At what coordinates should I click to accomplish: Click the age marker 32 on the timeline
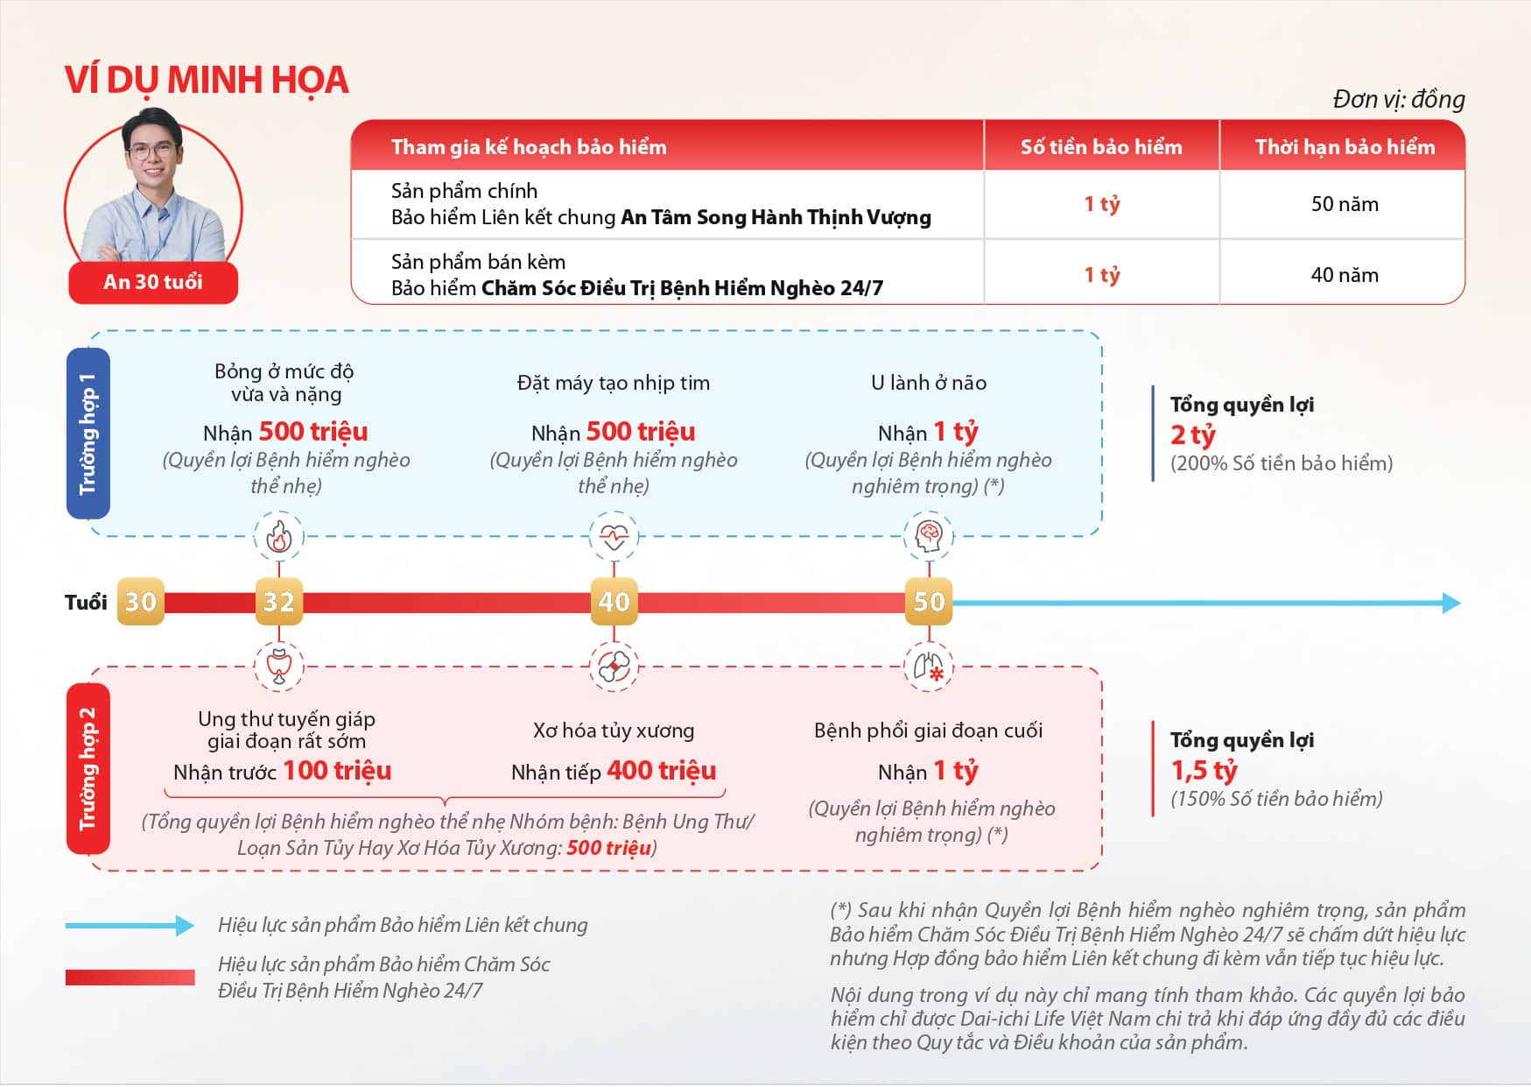pyautogui.click(x=279, y=601)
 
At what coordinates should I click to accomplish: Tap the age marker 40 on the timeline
pyautogui.click(x=614, y=601)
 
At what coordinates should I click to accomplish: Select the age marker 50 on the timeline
pyautogui.click(x=929, y=601)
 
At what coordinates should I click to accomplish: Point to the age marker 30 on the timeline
pyautogui.click(x=141, y=601)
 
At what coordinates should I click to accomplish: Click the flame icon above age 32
pyautogui.click(x=279, y=536)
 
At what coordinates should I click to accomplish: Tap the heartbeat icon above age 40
pyautogui.click(x=614, y=536)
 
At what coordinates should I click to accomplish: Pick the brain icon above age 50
pyautogui.click(x=929, y=535)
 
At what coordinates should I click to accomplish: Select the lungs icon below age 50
pyautogui.click(x=929, y=667)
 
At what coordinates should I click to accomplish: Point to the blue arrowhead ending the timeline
pyautogui.click(x=1451, y=603)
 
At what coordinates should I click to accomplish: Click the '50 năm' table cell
pyautogui.click(x=1344, y=204)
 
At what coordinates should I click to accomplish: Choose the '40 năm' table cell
pyautogui.click(x=1344, y=275)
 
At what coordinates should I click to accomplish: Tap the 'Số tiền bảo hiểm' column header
pyautogui.click(x=1101, y=146)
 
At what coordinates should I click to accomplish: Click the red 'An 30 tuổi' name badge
pyautogui.click(x=153, y=282)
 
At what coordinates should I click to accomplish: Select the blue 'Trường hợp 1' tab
pyautogui.click(x=88, y=433)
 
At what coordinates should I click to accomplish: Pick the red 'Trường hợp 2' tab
pyautogui.click(x=88, y=769)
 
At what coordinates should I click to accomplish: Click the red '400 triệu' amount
pyautogui.click(x=661, y=771)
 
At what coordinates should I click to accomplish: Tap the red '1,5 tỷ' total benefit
pyautogui.click(x=1204, y=770)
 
